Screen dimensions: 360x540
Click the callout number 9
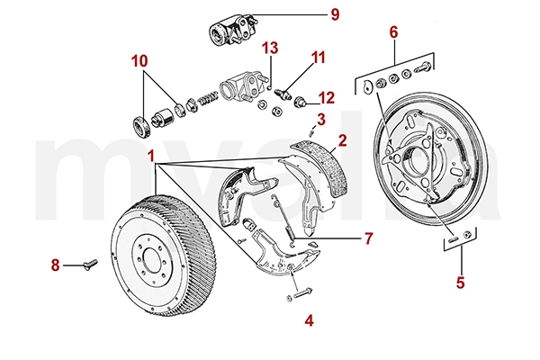click(x=310, y=14)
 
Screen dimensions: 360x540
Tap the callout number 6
click(x=393, y=32)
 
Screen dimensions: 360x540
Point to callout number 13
click(x=271, y=47)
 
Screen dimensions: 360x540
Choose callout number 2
click(x=342, y=140)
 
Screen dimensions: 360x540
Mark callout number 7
click(x=343, y=238)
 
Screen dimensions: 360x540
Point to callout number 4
click(x=309, y=319)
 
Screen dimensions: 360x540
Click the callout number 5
click(x=461, y=282)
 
